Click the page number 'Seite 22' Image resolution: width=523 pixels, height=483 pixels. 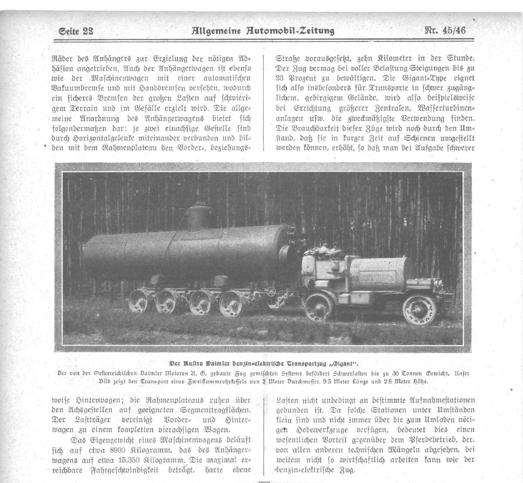click(76, 31)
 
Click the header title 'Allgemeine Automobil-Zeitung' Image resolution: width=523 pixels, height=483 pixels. click(263, 30)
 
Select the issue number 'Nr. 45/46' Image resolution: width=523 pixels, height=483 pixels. click(445, 30)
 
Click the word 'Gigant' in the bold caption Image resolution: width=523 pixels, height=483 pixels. click(348, 364)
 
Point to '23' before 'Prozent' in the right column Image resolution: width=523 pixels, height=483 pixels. click(281, 78)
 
